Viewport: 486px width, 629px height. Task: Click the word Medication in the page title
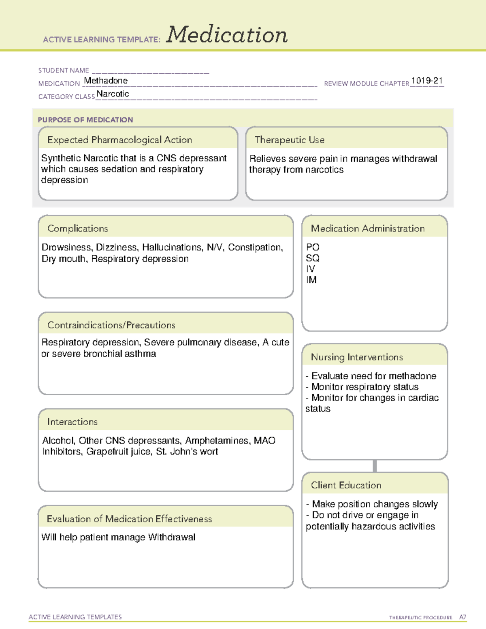pyautogui.click(x=227, y=35)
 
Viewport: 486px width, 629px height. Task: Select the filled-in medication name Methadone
pyautogui.click(x=106, y=81)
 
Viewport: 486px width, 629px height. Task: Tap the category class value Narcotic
pyautogui.click(x=113, y=94)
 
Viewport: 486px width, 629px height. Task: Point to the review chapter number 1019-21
pyautogui.click(x=427, y=81)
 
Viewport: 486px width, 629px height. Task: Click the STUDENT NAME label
pyautogui.click(x=64, y=70)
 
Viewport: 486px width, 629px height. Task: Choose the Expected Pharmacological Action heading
pyautogui.click(x=119, y=140)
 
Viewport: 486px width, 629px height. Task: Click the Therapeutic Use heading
pyautogui.click(x=290, y=140)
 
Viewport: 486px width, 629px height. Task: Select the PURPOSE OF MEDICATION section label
pyautogui.click(x=85, y=120)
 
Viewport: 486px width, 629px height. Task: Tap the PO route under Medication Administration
pyautogui.click(x=313, y=247)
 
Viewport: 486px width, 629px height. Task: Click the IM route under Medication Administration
pyautogui.click(x=311, y=280)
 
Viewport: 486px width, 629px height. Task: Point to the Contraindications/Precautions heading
pyautogui.click(x=111, y=325)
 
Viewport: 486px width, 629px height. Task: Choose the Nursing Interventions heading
pyautogui.click(x=357, y=357)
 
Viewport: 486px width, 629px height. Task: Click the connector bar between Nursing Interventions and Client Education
pyautogui.click(x=375, y=466)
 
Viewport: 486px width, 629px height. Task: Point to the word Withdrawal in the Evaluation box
pyautogui.click(x=172, y=537)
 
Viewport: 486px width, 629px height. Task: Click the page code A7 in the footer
pyautogui.click(x=463, y=617)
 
